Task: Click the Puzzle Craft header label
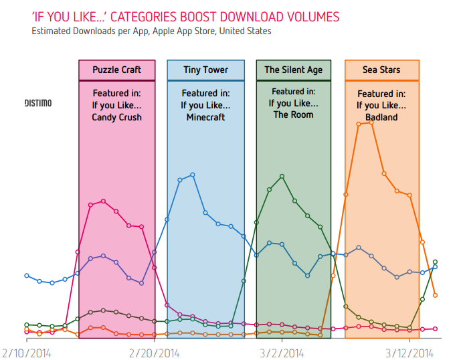click(x=116, y=70)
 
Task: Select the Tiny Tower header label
click(x=205, y=70)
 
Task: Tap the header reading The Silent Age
click(x=293, y=70)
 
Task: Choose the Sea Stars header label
click(x=381, y=70)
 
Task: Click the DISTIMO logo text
click(x=38, y=103)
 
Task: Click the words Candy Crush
click(x=116, y=117)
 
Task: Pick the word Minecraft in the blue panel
click(x=205, y=117)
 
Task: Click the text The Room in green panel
click(x=293, y=114)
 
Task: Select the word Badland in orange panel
click(x=381, y=117)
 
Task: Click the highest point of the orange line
click(x=371, y=122)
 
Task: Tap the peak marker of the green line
click(x=282, y=176)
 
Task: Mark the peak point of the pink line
click(x=103, y=201)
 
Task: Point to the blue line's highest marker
click(x=193, y=175)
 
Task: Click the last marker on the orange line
click(x=435, y=295)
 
